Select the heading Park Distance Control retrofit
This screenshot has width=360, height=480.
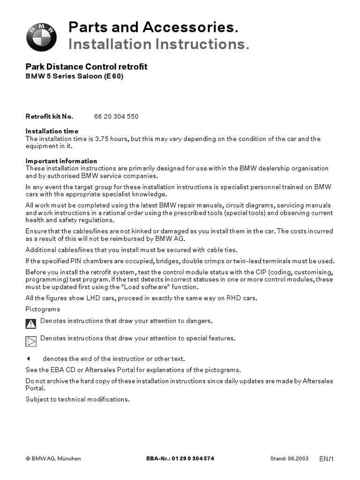pyautogui.click(x=86, y=67)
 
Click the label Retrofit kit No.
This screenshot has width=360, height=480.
pyautogui.click(x=49, y=116)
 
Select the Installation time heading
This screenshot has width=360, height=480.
pyautogui.click(x=52, y=131)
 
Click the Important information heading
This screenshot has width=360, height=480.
pyautogui.click(x=61, y=161)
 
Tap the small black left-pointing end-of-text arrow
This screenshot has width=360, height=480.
pyautogui.click(x=28, y=359)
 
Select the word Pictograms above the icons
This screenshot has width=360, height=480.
pyautogui.click(x=43, y=309)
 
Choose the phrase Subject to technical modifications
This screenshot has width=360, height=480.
pyautogui.click(x=77, y=399)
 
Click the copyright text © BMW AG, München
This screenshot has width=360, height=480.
pyautogui.click(x=53, y=458)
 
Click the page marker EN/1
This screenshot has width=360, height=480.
pyautogui.click(x=327, y=459)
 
